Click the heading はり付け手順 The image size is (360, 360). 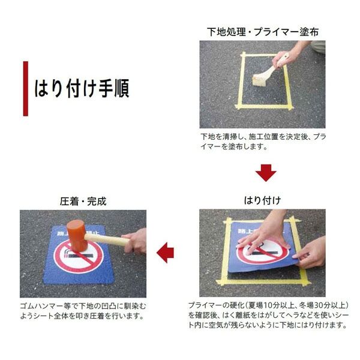pyautogui.click(x=82, y=88)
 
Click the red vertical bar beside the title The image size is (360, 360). pyautogui.click(x=26, y=89)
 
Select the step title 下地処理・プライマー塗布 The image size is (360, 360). pyautogui.click(x=263, y=32)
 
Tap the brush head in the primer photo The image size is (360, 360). pyautogui.click(x=259, y=80)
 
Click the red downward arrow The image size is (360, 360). pyautogui.click(x=266, y=173)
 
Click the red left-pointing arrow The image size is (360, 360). pyautogui.click(x=165, y=253)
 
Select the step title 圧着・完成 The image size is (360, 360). pyautogui.click(x=83, y=202)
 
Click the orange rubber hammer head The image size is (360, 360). pyautogui.click(x=77, y=235)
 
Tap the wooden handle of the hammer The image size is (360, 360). pyautogui.click(x=107, y=239)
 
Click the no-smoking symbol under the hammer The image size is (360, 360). pyautogui.click(x=79, y=256)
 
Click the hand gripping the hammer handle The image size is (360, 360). pyautogui.click(x=135, y=241)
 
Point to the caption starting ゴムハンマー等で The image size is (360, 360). pyautogui.click(x=83, y=311)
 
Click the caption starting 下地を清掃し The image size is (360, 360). pyautogui.click(x=263, y=142)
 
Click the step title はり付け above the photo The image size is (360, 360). pyautogui.click(x=262, y=200)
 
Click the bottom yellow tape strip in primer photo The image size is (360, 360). pyautogui.click(x=264, y=106)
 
